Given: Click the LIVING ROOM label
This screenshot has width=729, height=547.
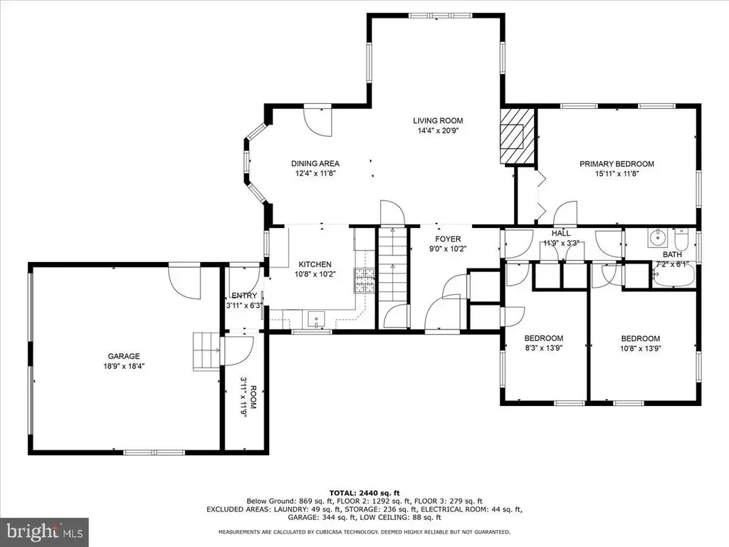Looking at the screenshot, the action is [438, 121].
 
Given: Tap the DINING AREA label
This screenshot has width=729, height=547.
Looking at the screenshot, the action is [315, 164].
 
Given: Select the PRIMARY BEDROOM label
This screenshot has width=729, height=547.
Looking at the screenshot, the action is [617, 164].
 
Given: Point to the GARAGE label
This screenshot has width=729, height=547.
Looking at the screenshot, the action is [124, 356].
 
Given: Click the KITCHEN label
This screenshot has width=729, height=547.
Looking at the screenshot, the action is [315, 264].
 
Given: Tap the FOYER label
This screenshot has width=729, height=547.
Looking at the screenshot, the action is [448, 239].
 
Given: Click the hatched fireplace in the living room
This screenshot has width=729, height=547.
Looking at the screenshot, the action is [517, 136].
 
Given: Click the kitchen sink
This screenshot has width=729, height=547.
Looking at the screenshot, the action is [317, 320].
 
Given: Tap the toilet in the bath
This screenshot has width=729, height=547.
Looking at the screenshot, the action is [681, 239].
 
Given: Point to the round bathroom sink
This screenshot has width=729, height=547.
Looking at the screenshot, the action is [657, 238].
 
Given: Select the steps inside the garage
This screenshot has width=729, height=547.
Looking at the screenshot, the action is [206, 351].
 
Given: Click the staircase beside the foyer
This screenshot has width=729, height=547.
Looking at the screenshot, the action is [393, 264].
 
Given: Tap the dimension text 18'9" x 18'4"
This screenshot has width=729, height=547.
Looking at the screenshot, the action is [124, 366].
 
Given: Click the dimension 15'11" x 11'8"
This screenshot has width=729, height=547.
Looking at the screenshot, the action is [617, 174].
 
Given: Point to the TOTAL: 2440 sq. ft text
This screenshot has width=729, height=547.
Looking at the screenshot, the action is [364, 493].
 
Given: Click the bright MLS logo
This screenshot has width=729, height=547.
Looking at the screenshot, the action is [43, 531].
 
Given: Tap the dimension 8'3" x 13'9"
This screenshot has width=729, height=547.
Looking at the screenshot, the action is [543, 348].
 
